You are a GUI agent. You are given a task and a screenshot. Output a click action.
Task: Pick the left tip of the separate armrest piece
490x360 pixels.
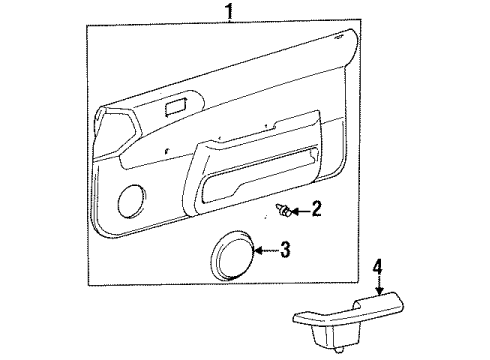click(x=296, y=319)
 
